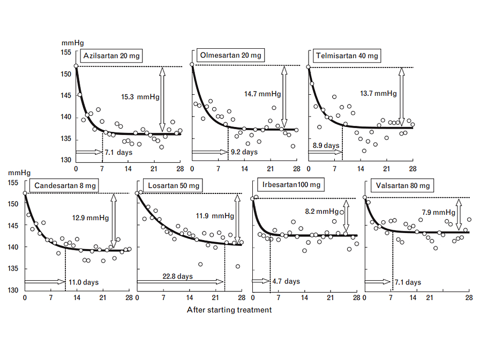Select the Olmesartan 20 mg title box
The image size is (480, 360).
230,55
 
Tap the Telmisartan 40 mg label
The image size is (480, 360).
347,56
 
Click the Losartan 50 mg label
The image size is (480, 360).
174,186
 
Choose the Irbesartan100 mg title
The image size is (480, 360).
291,185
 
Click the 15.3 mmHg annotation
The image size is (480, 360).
137,97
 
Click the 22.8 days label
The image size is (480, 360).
177,276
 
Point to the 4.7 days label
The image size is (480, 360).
286,281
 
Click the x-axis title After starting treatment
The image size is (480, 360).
229,310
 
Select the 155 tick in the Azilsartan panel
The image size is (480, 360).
66,52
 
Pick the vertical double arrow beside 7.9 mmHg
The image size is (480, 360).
459,211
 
